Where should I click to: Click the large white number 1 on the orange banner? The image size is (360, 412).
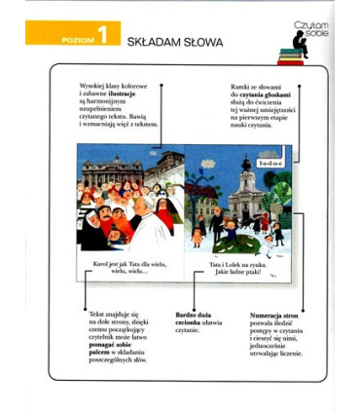click(102, 39)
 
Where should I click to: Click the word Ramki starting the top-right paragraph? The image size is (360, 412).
click(241, 86)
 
